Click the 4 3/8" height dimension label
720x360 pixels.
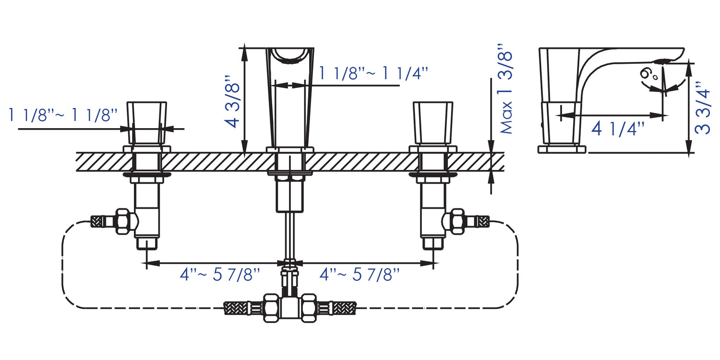[232, 101]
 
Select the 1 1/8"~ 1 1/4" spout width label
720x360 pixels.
[373, 73]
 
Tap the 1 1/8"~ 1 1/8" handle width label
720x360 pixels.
[63, 115]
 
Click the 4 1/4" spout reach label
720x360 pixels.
[618, 129]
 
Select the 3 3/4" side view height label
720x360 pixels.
[702, 108]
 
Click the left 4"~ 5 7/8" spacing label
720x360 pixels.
[220, 275]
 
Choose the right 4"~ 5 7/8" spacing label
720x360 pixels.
[360, 275]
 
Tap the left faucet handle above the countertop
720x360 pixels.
[147, 123]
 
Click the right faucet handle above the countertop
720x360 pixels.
[433, 123]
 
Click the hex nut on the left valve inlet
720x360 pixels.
[123, 221]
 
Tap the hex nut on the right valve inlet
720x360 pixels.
[457, 221]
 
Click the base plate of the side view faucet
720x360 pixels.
[562, 149]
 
